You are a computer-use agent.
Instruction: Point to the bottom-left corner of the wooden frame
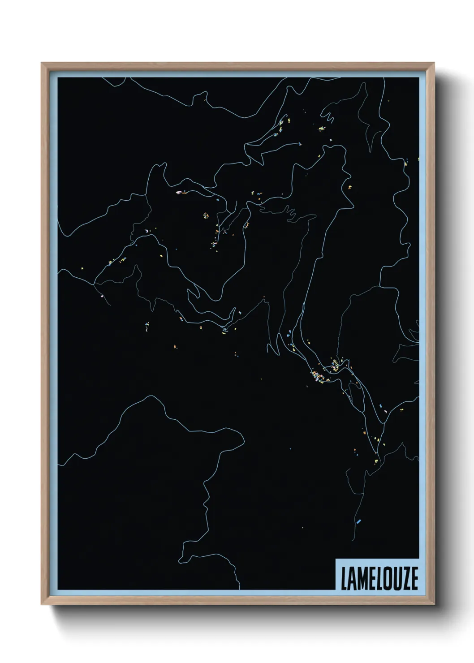coord(42,605)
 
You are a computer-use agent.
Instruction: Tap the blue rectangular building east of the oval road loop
coord(381,406)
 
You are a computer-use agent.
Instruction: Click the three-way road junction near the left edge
coord(94,284)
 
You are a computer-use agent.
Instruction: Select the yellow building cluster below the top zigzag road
coord(321,129)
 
